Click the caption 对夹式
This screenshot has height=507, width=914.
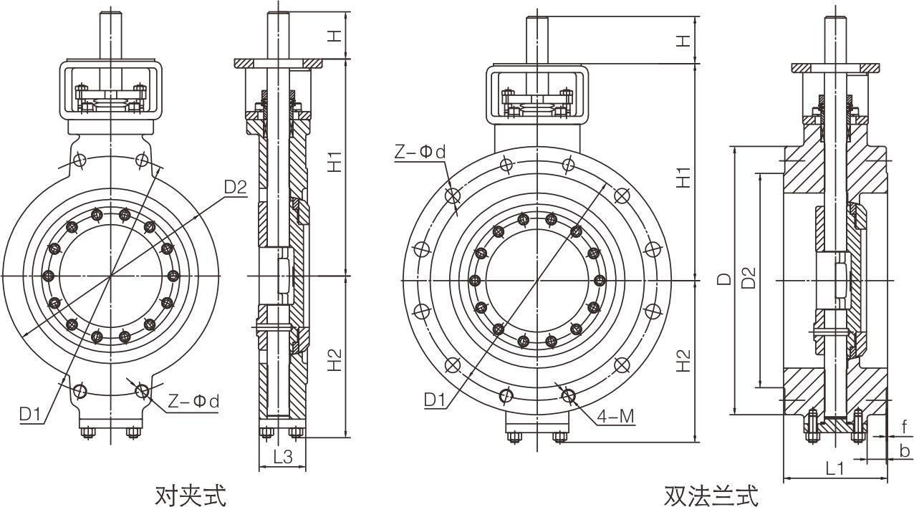click(190, 493)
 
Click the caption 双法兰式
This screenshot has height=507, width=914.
click(711, 495)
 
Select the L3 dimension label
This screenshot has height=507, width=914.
click(282, 456)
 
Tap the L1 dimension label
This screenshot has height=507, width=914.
click(835, 468)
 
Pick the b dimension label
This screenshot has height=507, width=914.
click(905, 450)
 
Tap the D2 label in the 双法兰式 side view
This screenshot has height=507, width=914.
click(748, 279)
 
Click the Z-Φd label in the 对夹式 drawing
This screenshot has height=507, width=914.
click(193, 402)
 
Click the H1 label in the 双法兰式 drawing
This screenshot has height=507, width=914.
click(684, 176)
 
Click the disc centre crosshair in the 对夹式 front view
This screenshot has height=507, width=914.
click(110, 276)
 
